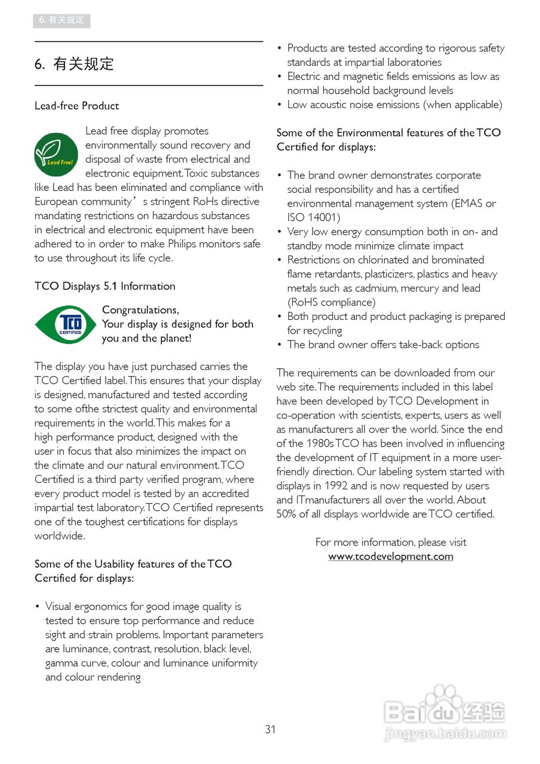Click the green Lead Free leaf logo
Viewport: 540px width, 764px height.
pos(56,154)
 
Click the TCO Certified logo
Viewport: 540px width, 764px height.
pos(65,324)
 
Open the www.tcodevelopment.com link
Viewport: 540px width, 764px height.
pos(390,556)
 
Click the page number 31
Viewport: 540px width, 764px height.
pos(270,729)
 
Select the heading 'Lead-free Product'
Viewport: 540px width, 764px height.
pos(76,106)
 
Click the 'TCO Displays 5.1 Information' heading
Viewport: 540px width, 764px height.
pos(104,286)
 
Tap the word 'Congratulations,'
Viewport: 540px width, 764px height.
pos(140,310)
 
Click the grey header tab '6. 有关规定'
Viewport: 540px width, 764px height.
pos(61,20)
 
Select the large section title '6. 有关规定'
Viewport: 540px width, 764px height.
pos(74,64)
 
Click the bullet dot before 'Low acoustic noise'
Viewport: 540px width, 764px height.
pos(279,105)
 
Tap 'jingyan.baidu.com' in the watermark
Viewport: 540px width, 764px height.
pos(445,733)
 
